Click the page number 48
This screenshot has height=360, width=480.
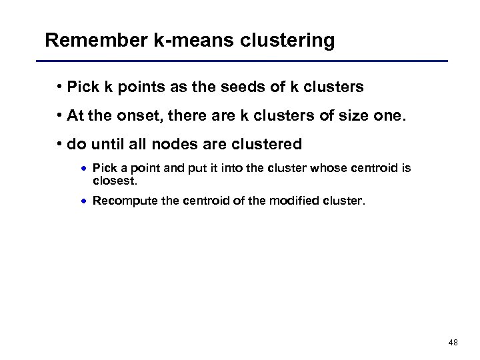click(453, 343)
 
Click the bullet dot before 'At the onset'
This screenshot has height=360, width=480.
click(59, 115)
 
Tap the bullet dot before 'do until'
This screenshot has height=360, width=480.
click(59, 143)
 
